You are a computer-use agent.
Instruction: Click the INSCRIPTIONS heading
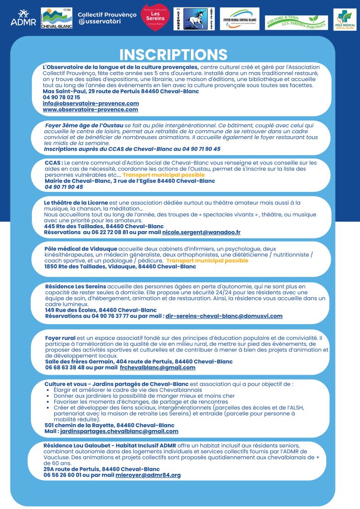[x=174, y=54]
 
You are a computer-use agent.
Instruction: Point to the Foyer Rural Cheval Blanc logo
[x=239, y=19]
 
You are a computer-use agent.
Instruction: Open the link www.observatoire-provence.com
[x=90, y=109]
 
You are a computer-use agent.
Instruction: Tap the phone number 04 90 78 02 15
[x=61, y=97]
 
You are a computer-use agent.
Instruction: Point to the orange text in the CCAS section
[x=164, y=175]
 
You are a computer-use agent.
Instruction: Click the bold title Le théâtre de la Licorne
[x=81, y=203]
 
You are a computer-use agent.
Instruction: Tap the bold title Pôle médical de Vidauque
[x=81, y=249]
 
